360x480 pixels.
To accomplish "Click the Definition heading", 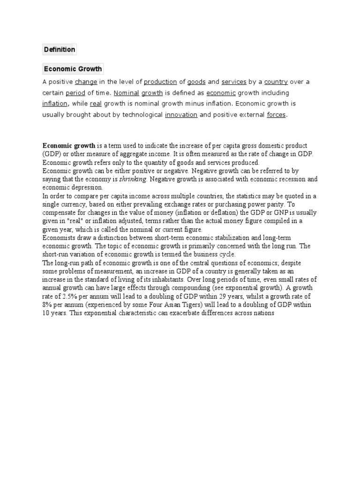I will [59, 49].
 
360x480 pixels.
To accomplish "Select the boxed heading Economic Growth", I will [73, 69].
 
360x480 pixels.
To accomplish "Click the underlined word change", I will [86, 82].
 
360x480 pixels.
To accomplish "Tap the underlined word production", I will [160, 82].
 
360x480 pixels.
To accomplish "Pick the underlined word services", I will [234, 82].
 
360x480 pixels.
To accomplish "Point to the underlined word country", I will [276, 82].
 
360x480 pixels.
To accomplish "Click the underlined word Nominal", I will [127, 93].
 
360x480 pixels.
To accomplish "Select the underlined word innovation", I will [181, 115].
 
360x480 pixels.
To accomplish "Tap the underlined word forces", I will [276, 115].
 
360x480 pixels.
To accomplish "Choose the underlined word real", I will [96, 104].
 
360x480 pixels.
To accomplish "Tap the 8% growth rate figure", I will [47, 305].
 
